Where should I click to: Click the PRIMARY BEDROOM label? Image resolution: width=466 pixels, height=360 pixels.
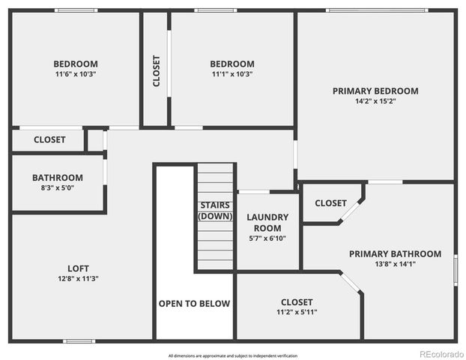pos(375,91)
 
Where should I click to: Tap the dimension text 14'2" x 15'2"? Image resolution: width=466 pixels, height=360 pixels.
pos(375,101)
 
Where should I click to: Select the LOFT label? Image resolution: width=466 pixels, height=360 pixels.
pos(78,268)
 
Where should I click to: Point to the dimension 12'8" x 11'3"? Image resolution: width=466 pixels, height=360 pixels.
pos(78,278)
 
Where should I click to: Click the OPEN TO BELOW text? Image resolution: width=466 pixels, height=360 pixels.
pos(194,304)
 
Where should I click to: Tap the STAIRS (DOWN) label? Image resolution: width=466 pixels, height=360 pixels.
pos(216,211)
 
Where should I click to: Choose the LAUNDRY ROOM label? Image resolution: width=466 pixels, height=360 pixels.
pos(267,223)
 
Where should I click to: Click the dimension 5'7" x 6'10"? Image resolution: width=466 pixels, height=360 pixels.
pos(267,238)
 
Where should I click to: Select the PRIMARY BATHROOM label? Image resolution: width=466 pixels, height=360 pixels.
pos(395,253)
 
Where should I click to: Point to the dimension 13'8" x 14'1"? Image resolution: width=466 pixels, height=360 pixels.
pos(395,264)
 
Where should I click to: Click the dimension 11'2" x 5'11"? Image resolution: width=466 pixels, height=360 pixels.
pos(297,312)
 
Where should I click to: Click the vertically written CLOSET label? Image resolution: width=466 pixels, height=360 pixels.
pos(156,71)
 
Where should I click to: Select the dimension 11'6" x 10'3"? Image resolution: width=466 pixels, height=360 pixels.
pos(76,74)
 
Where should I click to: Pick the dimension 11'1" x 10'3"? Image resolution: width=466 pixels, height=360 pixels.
pos(232,74)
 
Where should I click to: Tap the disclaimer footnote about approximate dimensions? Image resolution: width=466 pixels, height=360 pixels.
pos(233,355)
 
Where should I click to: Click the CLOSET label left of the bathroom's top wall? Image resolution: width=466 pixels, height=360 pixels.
pos(49,139)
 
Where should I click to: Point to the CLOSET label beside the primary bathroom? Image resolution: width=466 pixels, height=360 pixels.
pos(330,203)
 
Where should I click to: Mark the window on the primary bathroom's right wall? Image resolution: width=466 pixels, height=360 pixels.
pos(455,270)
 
